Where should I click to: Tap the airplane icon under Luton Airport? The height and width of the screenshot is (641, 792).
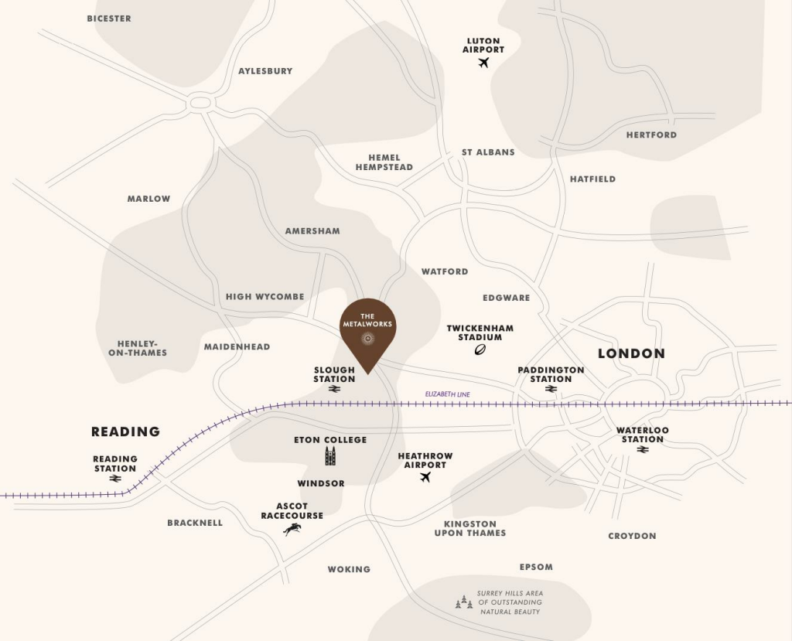pyautogui.click(x=484, y=63)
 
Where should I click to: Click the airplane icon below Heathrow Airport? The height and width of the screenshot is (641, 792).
pyautogui.click(x=425, y=477)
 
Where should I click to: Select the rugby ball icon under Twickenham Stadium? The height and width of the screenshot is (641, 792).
pyautogui.click(x=480, y=349)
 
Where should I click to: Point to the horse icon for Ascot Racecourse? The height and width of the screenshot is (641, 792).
pyautogui.click(x=292, y=529)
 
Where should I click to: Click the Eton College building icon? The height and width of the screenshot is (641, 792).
pyautogui.click(x=330, y=456)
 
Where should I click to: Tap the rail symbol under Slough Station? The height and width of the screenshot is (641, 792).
pyautogui.click(x=334, y=390)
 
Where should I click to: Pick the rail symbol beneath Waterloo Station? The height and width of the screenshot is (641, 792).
pyautogui.click(x=642, y=449)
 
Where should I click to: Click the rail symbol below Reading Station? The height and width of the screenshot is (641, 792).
pyautogui.click(x=115, y=479)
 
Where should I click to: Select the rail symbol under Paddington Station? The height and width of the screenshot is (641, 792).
pyautogui.click(x=551, y=389)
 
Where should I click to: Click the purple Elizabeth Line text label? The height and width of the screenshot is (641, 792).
pyautogui.click(x=447, y=394)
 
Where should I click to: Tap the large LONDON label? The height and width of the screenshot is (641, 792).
pyautogui.click(x=631, y=353)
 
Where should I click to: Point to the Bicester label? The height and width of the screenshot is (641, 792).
pyautogui.click(x=109, y=19)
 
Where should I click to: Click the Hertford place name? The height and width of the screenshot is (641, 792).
pyautogui.click(x=651, y=135)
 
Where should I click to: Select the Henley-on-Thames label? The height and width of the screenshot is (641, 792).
pyautogui.click(x=142, y=348)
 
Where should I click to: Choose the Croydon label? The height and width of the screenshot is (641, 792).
pyautogui.click(x=632, y=536)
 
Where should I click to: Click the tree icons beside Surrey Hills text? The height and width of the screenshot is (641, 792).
pyautogui.click(x=464, y=602)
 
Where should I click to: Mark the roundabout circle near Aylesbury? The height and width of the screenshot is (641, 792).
pyautogui.click(x=201, y=101)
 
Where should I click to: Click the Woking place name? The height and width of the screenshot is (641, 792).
pyautogui.click(x=349, y=569)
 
